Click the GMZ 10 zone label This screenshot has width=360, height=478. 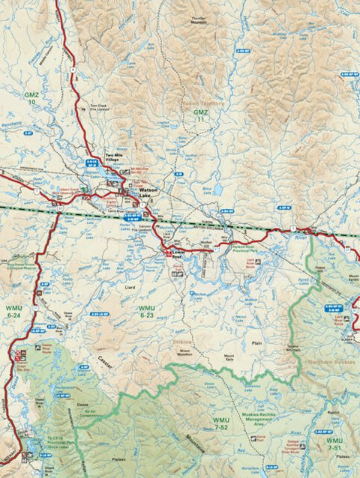[x=31, y=99]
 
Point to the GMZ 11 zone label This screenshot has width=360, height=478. [x=200, y=115]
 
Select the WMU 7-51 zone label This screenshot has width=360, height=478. [x=337, y=445]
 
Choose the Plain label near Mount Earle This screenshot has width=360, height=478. [x=256, y=343]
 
